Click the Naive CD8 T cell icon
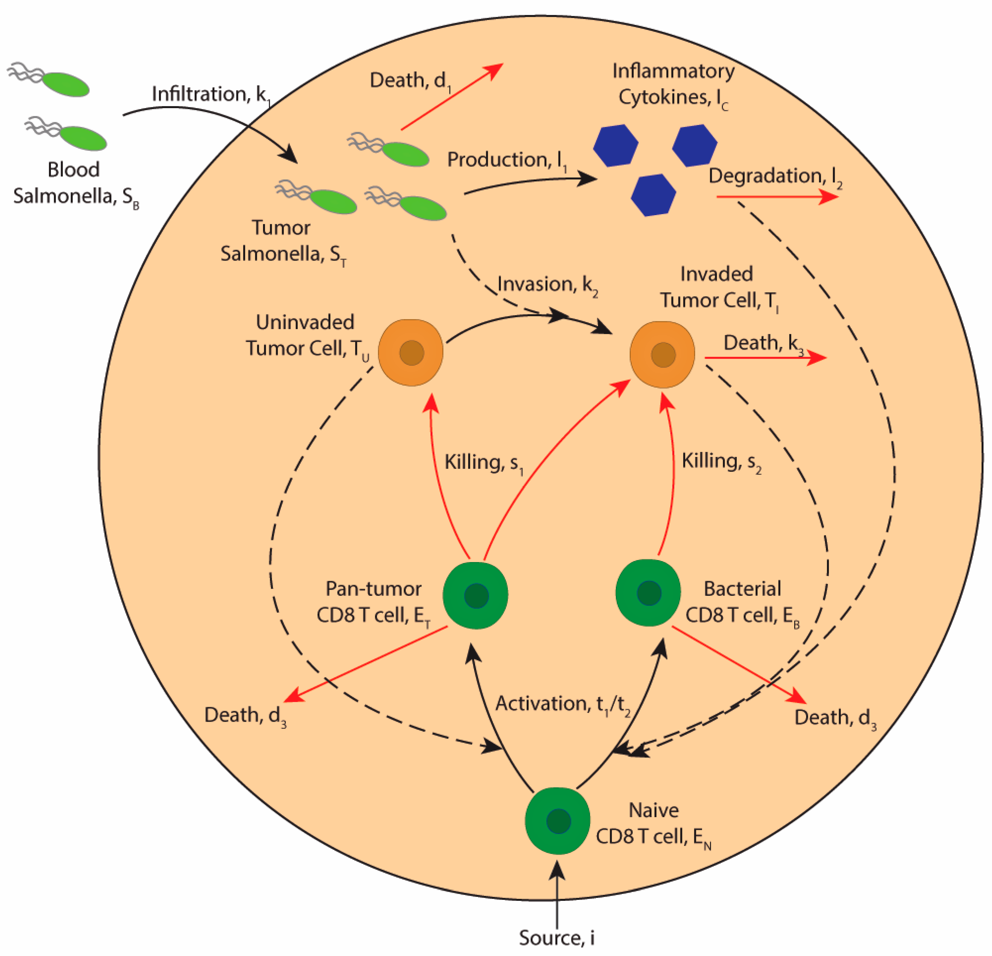point(557,820)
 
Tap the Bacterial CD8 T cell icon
point(648,593)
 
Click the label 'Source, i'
point(557,937)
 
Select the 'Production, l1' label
point(507,161)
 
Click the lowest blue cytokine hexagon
point(653,195)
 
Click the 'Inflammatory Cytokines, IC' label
point(673,85)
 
